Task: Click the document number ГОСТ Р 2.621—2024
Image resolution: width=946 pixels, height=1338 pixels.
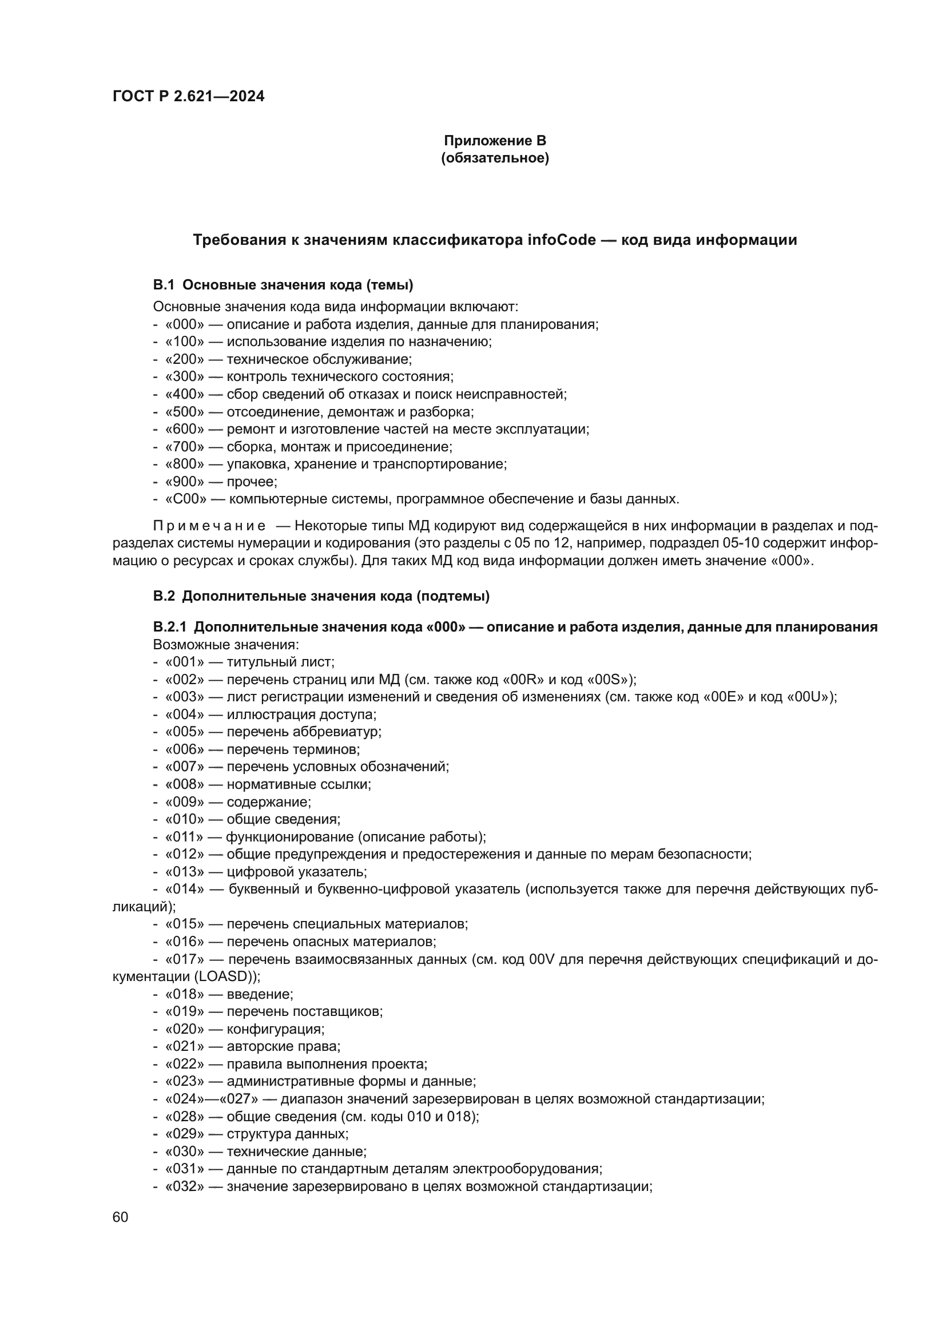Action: point(188,96)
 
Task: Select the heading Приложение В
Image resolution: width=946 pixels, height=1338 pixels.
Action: point(495,141)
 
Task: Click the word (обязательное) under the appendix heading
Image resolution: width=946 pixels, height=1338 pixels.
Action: point(495,158)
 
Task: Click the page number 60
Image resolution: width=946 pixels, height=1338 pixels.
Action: point(120,1217)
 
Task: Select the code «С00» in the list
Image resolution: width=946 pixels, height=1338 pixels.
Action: point(186,499)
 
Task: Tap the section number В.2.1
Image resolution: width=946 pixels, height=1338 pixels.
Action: point(169,627)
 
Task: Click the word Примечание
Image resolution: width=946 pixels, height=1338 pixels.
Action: point(209,526)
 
